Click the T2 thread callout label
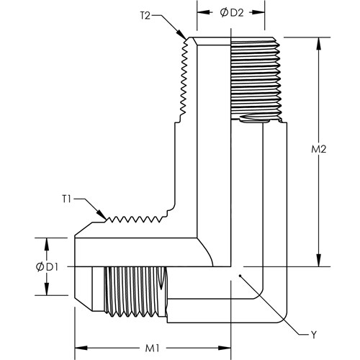click(145, 16)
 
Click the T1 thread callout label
click(66, 199)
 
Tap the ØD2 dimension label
click(232, 13)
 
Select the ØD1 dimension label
click(47, 267)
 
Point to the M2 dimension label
click(319, 149)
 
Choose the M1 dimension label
click(153, 348)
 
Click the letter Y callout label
click(314, 334)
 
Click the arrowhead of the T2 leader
click(181, 35)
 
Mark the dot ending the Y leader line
click(240, 276)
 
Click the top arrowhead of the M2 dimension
click(319, 44)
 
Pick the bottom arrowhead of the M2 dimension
click(319, 260)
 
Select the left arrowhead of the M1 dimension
click(81, 348)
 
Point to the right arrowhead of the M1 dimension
click(225, 348)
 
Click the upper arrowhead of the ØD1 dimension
click(47, 244)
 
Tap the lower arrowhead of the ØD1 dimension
click(47, 289)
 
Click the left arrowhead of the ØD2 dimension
click(203, 12)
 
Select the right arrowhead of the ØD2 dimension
click(258, 12)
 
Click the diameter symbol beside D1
click(40, 267)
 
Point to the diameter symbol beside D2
click(224, 13)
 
